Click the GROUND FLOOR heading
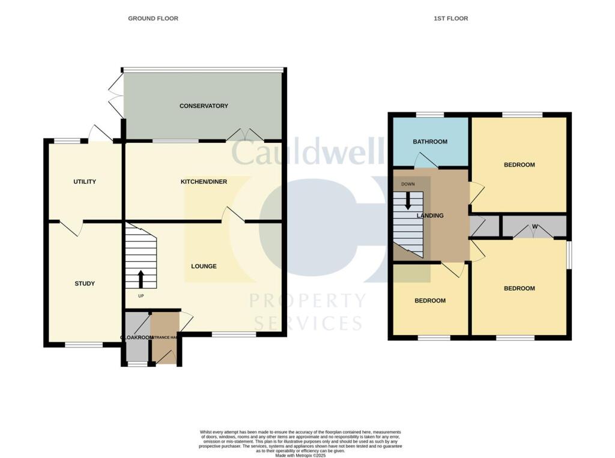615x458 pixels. pos(153,19)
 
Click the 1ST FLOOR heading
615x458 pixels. pos(450,19)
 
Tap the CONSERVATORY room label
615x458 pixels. pos(204,106)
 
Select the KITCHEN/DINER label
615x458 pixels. pos(204,181)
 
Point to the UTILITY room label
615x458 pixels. pos(85,182)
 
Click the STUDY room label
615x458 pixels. pos(85,284)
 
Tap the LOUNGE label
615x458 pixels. pos(204,266)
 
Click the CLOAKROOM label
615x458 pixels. pos(136,338)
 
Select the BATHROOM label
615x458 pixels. pos(429,142)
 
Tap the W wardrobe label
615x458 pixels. pos(534,227)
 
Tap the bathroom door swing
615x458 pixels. pos(425,159)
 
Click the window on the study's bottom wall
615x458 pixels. pos(83,345)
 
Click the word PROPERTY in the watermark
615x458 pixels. pos(307,301)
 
